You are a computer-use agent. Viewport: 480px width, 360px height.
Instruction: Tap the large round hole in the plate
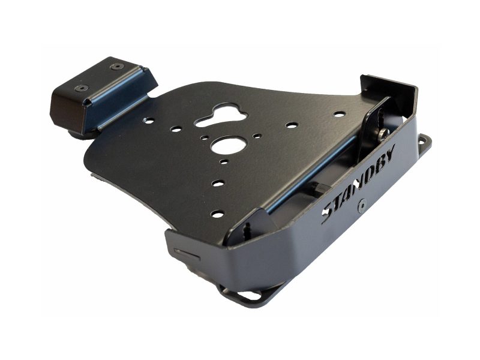(229, 145)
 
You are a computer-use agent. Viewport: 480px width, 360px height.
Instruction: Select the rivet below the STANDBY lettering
(361, 206)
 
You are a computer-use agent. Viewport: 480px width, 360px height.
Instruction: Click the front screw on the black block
(80, 88)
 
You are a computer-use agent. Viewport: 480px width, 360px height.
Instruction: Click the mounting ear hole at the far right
(424, 141)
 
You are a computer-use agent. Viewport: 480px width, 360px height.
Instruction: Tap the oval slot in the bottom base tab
(247, 296)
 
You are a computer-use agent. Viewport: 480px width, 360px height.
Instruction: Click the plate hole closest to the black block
(148, 121)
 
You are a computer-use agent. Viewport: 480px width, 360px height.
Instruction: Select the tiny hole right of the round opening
(256, 137)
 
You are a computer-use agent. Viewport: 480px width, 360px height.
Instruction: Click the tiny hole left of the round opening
(204, 139)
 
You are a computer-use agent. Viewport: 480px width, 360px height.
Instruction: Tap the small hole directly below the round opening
(223, 161)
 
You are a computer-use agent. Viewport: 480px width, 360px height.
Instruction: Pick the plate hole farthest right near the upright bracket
(339, 114)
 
